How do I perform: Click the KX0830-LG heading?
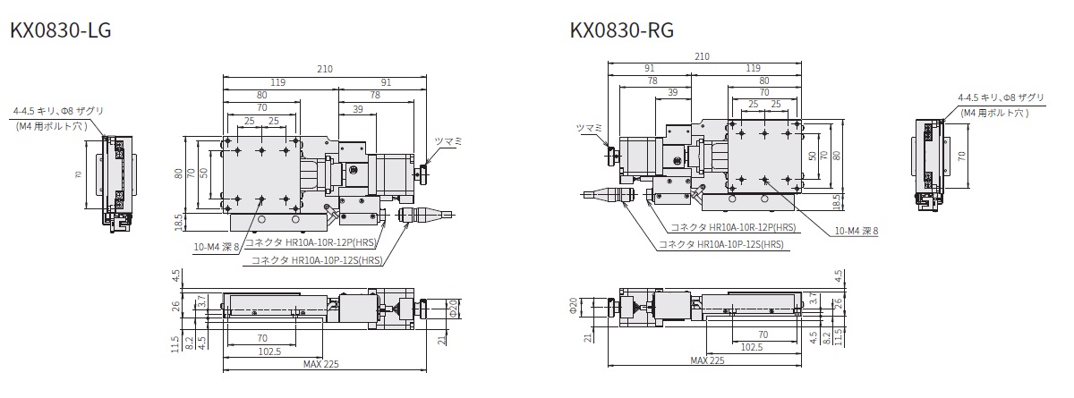60,31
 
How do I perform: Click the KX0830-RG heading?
622,31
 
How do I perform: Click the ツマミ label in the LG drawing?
447,141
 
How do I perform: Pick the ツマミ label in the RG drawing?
592,129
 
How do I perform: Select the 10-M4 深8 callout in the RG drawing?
857,231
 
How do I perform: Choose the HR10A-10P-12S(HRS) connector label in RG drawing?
721,243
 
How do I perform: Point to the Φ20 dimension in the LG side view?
455,307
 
